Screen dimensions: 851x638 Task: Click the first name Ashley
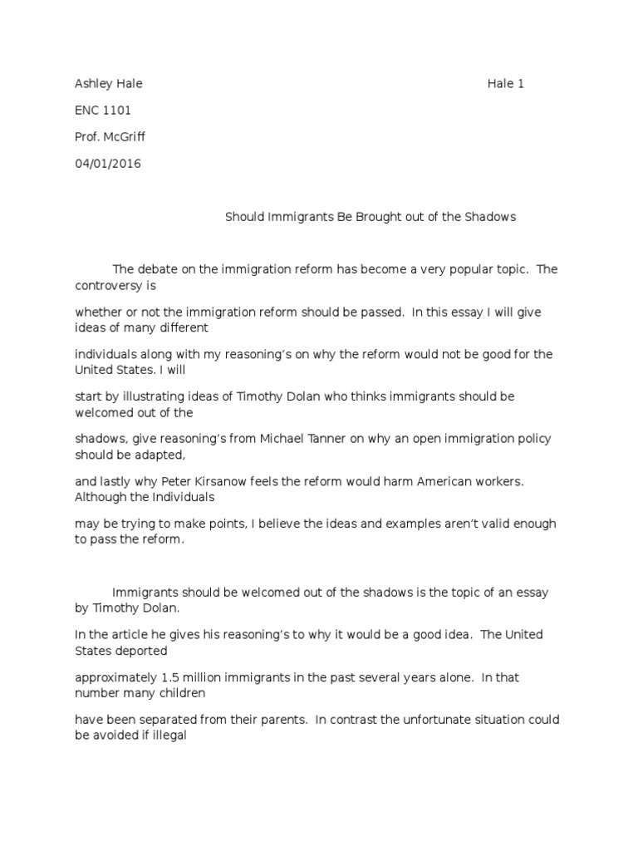tap(91, 83)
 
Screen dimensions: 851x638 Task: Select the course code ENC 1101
tap(103, 110)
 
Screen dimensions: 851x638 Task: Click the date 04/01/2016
tap(108, 163)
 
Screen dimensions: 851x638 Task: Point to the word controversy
tap(108, 283)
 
